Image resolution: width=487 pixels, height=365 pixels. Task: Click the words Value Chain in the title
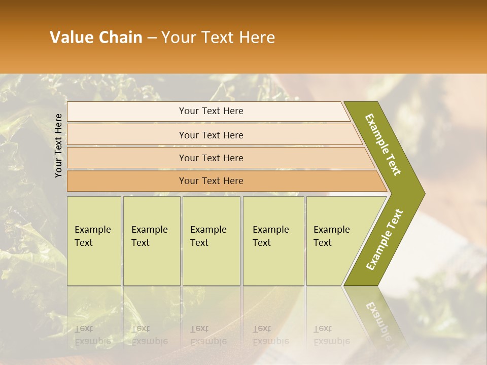[96, 38]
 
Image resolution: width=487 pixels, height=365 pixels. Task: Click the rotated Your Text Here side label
[59, 145]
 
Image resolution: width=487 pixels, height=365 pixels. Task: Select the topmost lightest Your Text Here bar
[211, 111]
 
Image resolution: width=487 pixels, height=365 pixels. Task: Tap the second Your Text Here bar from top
[211, 135]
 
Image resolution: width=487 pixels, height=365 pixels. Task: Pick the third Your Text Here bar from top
[211, 158]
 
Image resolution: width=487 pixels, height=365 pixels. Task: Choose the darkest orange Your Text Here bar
[211, 181]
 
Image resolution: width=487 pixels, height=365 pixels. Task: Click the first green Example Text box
[94, 241]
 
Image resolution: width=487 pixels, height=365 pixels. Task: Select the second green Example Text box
[151, 241]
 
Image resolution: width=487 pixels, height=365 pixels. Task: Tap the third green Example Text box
[211, 241]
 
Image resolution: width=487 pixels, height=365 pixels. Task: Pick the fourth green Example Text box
[273, 241]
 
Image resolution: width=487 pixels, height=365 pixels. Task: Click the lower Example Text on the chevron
[385, 239]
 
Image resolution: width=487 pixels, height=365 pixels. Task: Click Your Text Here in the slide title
[218, 38]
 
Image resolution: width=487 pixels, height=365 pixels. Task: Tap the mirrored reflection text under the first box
[92, 335]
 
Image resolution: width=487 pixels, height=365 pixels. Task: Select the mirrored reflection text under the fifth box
[331, 335]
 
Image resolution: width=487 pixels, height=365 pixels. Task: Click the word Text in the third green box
[199, 243]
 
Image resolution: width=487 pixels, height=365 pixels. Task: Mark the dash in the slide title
[152, 38]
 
